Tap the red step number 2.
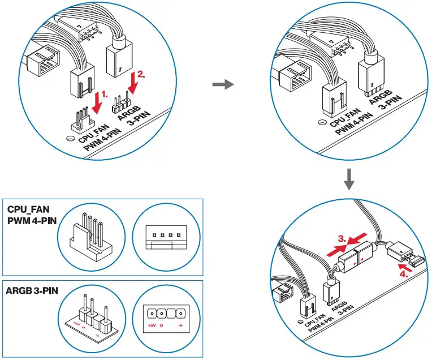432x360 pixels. [x=142, y=75]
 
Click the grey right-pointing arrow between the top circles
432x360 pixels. [x=222, y=85]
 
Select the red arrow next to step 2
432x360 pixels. [x=133, y=83]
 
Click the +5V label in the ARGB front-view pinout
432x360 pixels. [x=152, y=326]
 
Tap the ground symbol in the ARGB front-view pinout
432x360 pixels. [x=179, y=326]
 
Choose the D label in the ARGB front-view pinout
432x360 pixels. [x=161, y=326]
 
